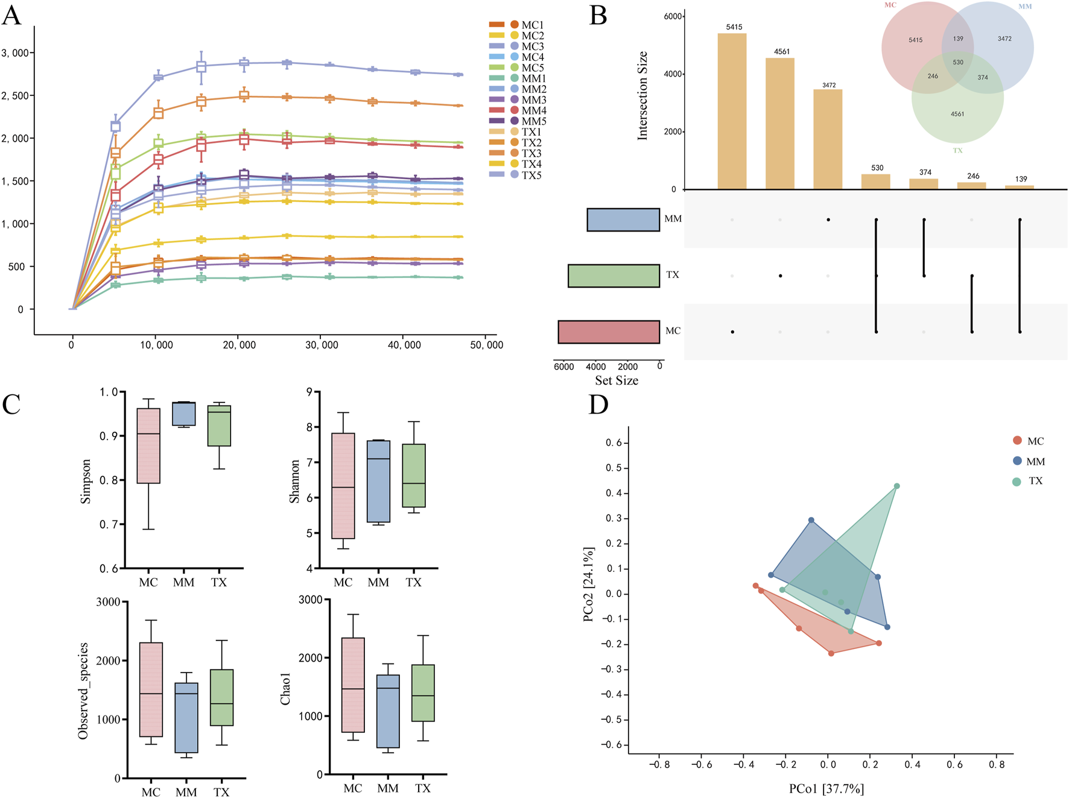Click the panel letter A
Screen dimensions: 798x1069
tap(11, 15)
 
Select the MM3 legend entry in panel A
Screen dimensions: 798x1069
tap(527, 100)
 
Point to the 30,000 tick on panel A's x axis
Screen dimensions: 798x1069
tap(322, 345)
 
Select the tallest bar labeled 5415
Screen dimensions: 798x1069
tap(732, 112)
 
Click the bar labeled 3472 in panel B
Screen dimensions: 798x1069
tap(828, 139)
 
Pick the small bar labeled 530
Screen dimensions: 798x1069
tap(876, 182)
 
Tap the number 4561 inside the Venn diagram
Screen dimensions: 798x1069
tap(957, 114)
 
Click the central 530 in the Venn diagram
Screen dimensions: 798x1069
tap(958, 62)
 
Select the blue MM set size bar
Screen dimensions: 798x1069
tap(623, 220)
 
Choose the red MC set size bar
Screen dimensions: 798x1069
tap(609, 332)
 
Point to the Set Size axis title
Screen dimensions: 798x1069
tap(617, 381)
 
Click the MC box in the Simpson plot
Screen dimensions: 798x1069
tap(148, 446)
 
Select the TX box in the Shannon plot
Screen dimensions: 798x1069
tap(414, 475)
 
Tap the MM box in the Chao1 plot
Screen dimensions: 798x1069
tap(388, 711)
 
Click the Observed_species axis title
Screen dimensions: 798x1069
tap(83, 691)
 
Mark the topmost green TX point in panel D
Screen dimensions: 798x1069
tap(897, 486)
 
